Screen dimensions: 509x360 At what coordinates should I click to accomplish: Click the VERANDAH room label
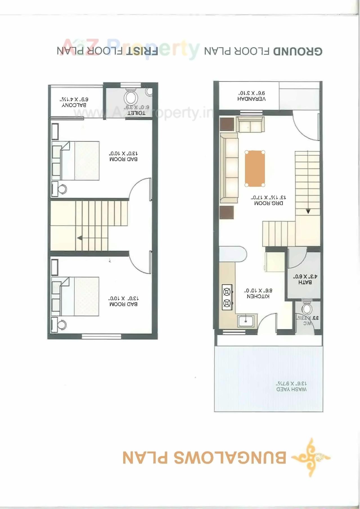[251, 99]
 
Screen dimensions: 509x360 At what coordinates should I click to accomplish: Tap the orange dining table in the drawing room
[255, 168]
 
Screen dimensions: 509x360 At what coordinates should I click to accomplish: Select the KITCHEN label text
[258, 296]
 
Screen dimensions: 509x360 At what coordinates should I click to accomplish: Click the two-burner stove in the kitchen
[227, 297]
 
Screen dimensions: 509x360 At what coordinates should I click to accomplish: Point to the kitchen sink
[246, 320]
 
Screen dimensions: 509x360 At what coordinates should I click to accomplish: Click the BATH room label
[305, 282]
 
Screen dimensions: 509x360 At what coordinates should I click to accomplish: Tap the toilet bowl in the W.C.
[307, 308]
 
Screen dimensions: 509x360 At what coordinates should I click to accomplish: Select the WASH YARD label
[291, 389]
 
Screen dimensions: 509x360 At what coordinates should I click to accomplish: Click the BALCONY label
[74, 105]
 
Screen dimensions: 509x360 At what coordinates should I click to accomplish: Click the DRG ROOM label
[269, 203]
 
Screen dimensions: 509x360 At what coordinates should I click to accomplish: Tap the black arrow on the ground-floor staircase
[308, 211]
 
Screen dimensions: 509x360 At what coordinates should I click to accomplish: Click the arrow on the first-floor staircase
[80, 238]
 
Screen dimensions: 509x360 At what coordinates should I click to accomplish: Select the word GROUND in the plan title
[298, 51]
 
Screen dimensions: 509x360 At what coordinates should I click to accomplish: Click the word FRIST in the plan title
[142, 51]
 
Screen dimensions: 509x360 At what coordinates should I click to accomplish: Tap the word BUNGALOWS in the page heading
[230, 458]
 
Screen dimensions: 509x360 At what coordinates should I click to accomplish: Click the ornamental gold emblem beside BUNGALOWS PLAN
[311, 457]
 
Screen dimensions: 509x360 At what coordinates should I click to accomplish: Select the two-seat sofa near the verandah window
[250, 125]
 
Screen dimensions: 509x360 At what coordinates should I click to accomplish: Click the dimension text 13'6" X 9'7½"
[291, 383]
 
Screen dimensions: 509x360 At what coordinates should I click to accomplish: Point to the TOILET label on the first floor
[136, 113]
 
